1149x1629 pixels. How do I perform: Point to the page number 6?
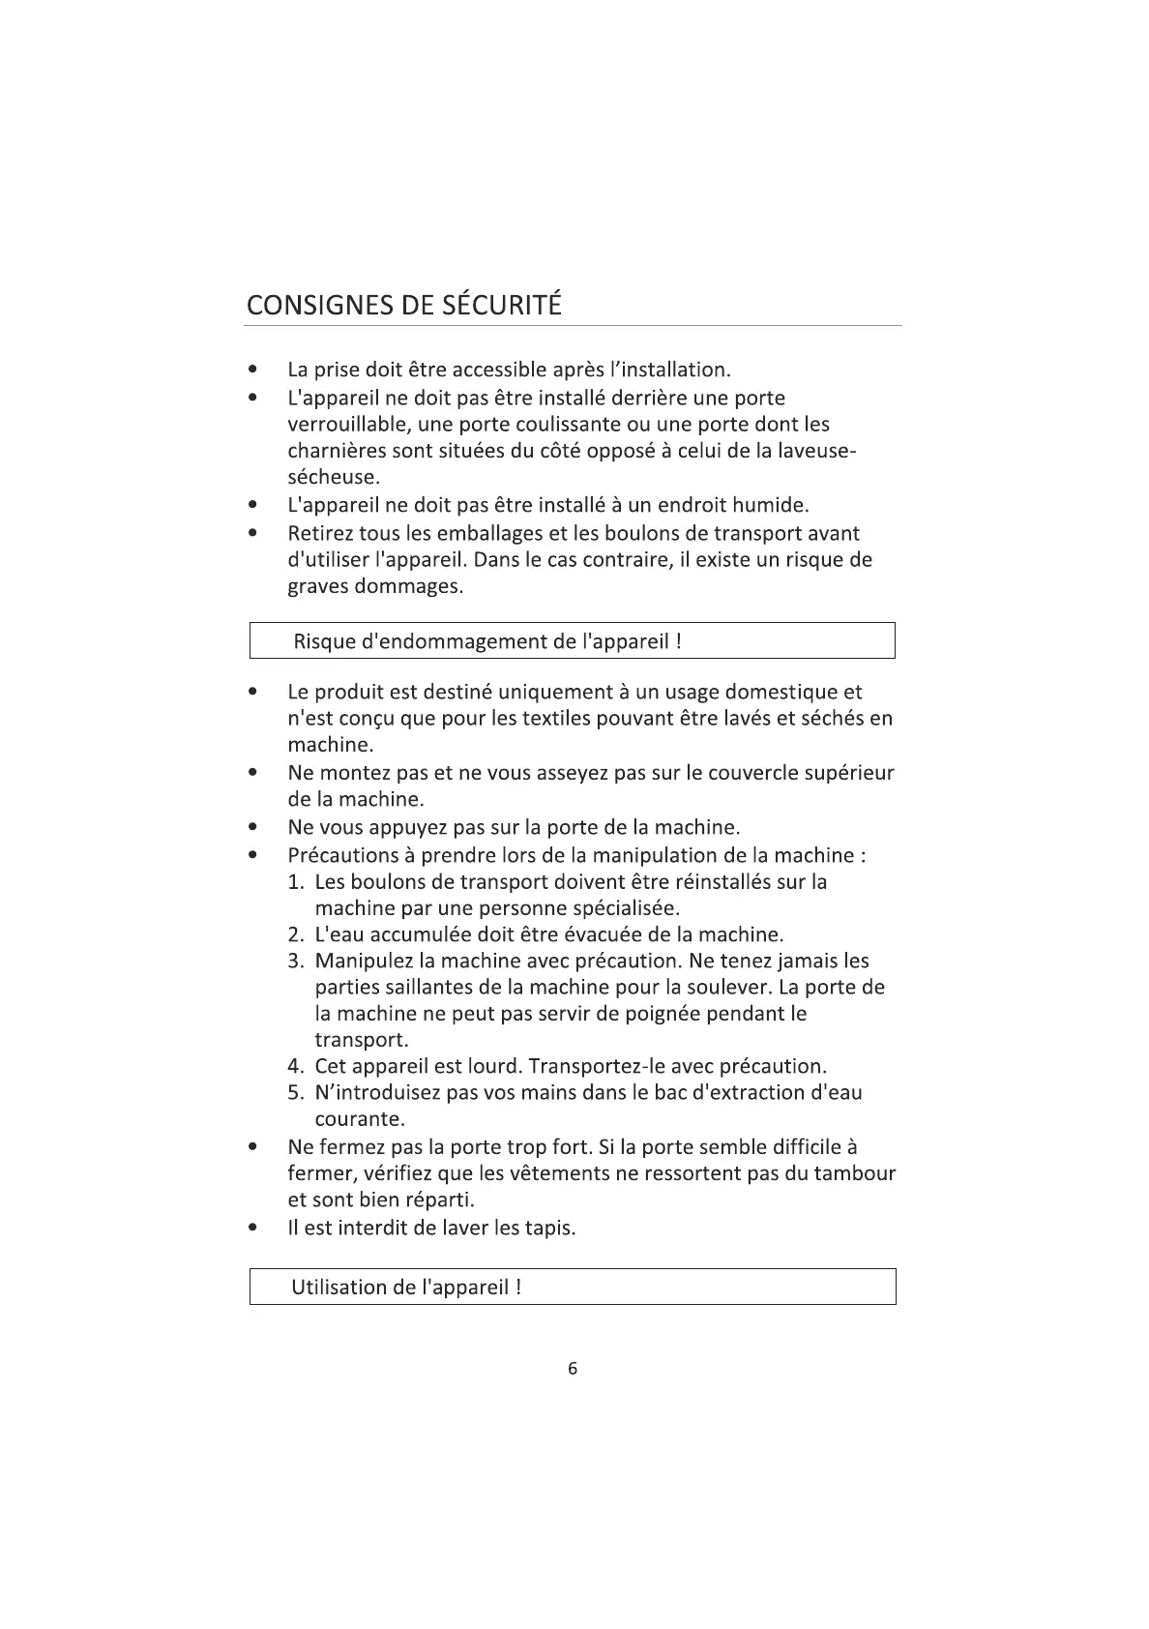pyautogui.click(x=573, y=1368)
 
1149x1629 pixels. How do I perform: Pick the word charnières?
pyautogui.click(x=336, y=451)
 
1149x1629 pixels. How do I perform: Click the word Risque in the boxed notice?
pyautogui.click(x=326, y=641)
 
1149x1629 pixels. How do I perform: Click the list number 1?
pyautogui.click(x=295, y=882)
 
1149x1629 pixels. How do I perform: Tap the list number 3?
pyautogui.click(x=295, y=962)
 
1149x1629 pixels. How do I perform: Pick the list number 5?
pyautogui.click(x=295, y=1093)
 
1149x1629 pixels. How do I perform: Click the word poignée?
pyautogui.click(x=665, y=1015)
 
